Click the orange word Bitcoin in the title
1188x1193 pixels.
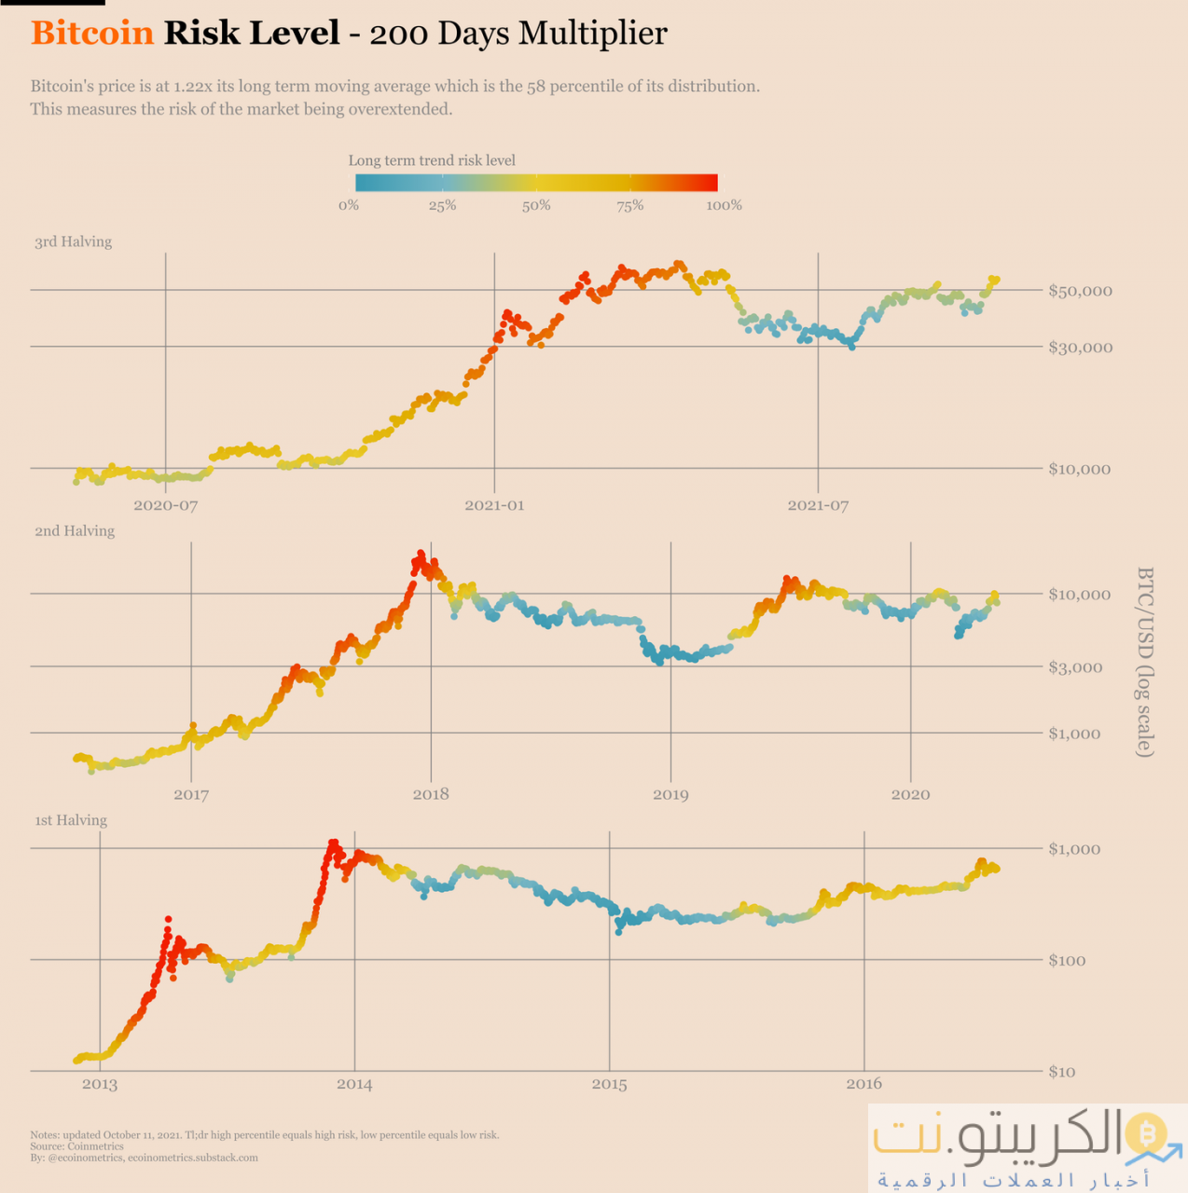pos(92,34)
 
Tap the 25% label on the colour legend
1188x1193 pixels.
pos(442,206)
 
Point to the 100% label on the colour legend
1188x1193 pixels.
pos(724,206)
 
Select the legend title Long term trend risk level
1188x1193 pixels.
pos(432,160)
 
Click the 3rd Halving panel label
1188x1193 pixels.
pos(73,241)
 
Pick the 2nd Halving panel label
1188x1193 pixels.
pos(75,531)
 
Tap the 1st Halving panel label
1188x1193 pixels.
pos(71,820)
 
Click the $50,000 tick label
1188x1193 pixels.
pos(1080,291)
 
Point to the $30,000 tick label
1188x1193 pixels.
pos(1080,348)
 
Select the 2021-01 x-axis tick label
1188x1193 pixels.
pos(494,505)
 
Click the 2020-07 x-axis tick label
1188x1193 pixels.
pos(165,505)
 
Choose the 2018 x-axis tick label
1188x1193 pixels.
pos(431,795)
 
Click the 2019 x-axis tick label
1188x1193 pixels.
pos(670,795)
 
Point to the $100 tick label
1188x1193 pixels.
pos(1068,960)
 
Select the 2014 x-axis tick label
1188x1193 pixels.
pos(354,1084)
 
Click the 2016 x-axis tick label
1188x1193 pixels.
pos(864,1084)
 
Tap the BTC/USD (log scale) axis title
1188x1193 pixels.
pos(1145,662)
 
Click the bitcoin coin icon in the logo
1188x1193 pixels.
pos(1145,1132)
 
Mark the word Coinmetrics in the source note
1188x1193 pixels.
pos(95,1146)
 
